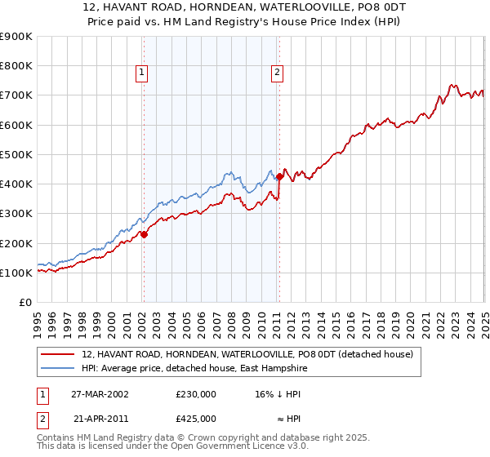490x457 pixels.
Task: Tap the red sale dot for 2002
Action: pyautogui.click(x=144, y=234)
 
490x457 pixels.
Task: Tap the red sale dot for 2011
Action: pyautogui.click(x=279, y=176)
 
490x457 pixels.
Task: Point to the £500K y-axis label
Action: pyautogui.click(x=16, y=154)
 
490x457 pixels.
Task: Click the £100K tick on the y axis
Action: pyautogui.click(x=16, y=273)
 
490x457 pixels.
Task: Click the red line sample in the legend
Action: pyautogui.click(x=59, y=355)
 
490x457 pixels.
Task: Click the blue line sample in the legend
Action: pyautogui.click(x=59, y=369)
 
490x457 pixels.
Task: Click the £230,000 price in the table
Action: pyautogui.click(x=196, y=394)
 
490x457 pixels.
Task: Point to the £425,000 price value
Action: pyautogui.click(x=196, y=419)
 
